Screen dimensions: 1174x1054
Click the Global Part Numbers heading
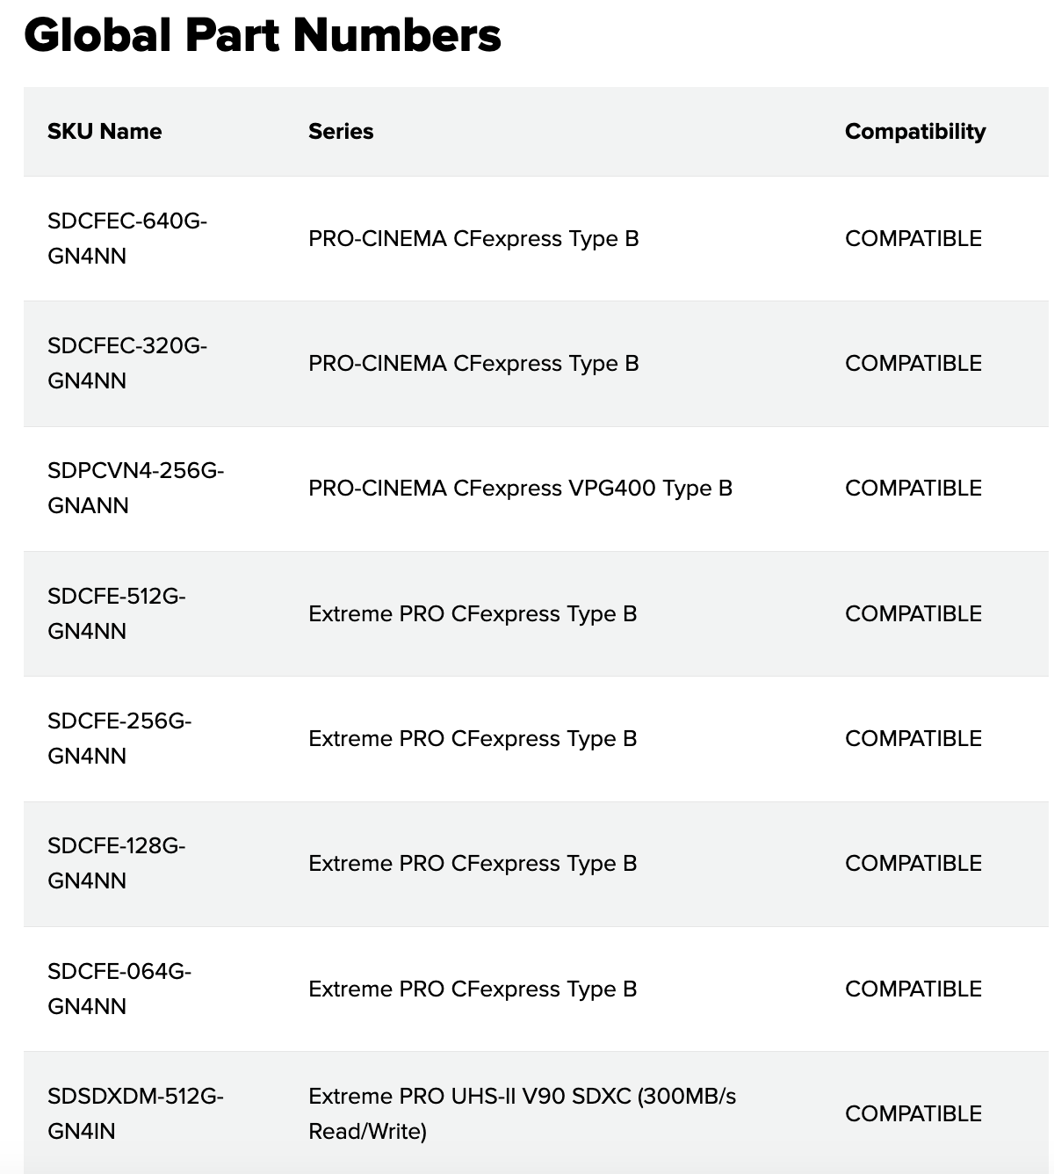click(x=263, y=35)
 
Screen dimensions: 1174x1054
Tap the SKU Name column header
click(x=105, y=132)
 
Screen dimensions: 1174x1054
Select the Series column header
click(x=341, y=132)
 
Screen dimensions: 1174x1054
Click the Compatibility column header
click(x=914, y=132)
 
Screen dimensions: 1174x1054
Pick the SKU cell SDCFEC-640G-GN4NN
click(x=127, y=238)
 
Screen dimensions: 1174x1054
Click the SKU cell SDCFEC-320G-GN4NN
click(x=127, y=363)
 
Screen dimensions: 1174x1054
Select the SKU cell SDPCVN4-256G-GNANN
click(x=135, y=488)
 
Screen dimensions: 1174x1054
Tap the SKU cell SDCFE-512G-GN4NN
click(x=117, y=613)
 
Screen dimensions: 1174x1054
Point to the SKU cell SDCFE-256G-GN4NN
click(x=119, y=738)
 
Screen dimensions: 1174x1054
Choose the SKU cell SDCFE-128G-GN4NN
click(x=117, y=863)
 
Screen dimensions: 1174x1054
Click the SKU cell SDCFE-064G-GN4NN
click(x=119, y=989)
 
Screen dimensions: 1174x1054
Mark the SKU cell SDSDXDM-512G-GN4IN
click(x=135, y=1113)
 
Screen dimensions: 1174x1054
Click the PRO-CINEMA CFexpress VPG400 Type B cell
click(x=520, y=489)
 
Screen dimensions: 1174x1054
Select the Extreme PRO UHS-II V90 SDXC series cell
click(x=522, y=1113)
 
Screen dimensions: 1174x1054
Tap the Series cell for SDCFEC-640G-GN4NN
click(x=473, y=239)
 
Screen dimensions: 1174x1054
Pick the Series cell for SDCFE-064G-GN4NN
click(x=473, y=989)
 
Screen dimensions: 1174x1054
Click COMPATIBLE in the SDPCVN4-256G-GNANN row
click(x=913, y=489)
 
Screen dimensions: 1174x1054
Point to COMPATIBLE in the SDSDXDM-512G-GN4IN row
click(x=913, y=1114)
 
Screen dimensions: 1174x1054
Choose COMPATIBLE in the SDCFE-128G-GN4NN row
click(x=913, y=864)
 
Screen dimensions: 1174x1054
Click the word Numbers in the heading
click(x=397, y=35)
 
